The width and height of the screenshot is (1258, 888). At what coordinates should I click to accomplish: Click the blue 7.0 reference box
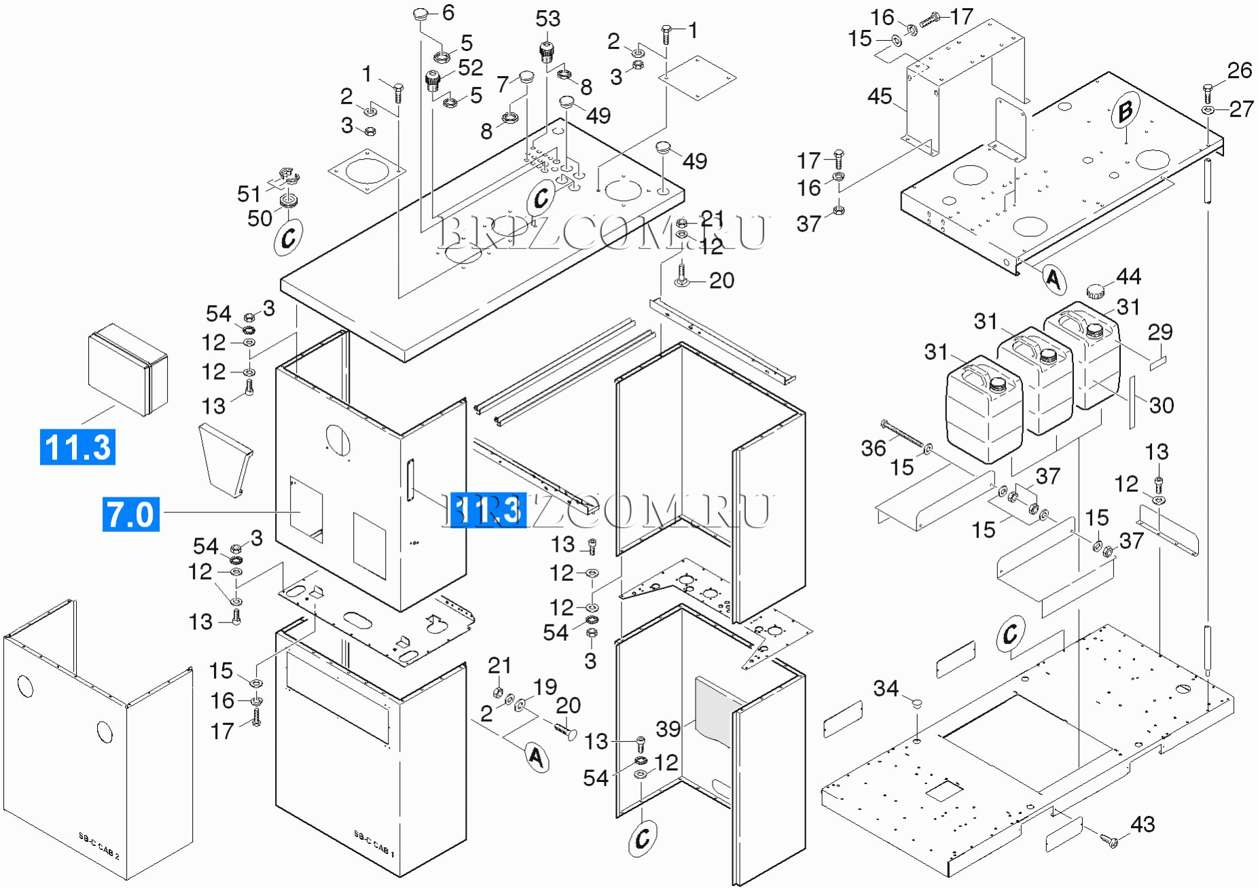coord(131,514)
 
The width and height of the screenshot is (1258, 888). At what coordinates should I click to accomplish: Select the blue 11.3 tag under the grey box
coord(77,447)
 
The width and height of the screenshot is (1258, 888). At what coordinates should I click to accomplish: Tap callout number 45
coord(880,96)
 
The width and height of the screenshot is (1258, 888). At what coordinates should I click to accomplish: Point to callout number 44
coord(1128,277)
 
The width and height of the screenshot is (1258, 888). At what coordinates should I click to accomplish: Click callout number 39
coord(668,729)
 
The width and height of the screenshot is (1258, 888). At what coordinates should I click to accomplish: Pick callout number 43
coord(1143,824)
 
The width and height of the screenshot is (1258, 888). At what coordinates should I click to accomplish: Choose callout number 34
coord(886,689)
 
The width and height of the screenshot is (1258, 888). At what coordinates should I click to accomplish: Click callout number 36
coord(874,448)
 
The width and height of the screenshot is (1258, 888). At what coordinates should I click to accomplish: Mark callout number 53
coord(547,19)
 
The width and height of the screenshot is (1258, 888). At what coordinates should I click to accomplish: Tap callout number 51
coord(249,194)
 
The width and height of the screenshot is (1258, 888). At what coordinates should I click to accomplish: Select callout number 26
coord(1240,71)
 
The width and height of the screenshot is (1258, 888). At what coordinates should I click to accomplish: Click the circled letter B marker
coord(1126,110)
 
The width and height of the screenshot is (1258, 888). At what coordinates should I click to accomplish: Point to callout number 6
coord(448,12)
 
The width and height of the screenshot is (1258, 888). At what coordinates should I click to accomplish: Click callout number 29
coord(1160,332)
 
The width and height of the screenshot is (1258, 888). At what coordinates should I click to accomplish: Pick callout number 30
coord(1162,406)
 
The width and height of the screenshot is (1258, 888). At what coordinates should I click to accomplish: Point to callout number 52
coord(470,68)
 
